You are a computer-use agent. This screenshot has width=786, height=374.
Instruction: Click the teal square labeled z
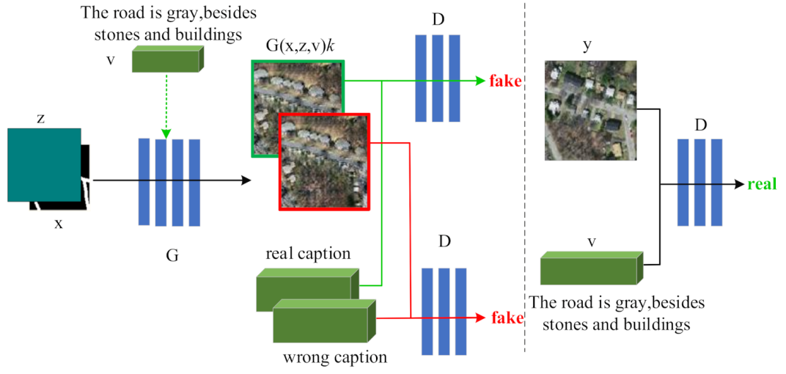[x=43, y=164]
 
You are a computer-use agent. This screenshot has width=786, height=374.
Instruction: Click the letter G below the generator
[x=172, y=256]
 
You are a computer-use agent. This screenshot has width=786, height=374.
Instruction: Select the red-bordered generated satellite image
[x=324, y=162]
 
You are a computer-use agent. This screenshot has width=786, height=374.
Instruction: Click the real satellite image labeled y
[x=589, y=111]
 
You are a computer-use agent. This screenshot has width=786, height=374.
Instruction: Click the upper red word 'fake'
[x=504, y=81]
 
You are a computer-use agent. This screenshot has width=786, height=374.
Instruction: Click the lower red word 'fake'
[x=507, y=318]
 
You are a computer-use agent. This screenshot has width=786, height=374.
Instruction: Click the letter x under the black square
[x=59, y=224]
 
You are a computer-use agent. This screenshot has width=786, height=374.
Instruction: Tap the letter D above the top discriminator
[x=438, y=18]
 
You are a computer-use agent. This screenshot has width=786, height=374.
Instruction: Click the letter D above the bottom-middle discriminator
[x=444, y=241]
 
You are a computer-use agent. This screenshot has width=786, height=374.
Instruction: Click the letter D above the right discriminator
[x=700, y=126]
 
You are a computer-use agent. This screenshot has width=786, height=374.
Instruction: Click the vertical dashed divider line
[x=524, y=183]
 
